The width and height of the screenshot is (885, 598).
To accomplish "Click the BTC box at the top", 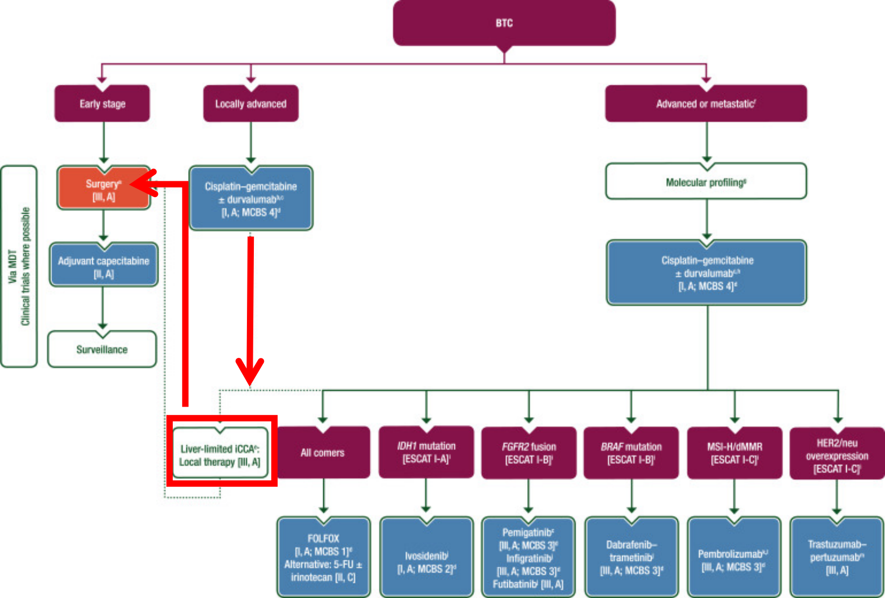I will click(x=504, y=23).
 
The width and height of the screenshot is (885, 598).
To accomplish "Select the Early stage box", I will click(x=102, y=104).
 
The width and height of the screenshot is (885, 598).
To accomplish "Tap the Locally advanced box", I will click(x=251, y=104).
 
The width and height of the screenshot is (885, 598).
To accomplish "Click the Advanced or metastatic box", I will click(x=706, y=104).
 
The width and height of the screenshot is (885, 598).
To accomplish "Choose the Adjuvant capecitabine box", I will click(x=103, y=267).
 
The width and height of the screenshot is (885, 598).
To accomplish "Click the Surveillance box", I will click(x=102, y=349).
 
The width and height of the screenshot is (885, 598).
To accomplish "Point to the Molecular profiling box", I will click(x=706, y=182).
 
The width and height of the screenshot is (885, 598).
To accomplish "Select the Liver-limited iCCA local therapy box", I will click(x=220, y=455).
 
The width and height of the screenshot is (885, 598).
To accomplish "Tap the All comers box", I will click(x=322, y=453).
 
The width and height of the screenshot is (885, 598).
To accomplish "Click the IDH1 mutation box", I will click(x=426, y=452).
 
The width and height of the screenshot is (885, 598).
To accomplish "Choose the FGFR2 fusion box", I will click(x=528, y=453).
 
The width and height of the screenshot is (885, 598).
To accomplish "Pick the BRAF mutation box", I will click(x=631, y=453).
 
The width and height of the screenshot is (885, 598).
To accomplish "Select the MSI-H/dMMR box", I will click(x=734, y=453).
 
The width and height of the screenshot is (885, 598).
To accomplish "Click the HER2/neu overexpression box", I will click(x=837, y=455).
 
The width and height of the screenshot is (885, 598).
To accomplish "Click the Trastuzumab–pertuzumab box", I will click(x=837, y=557).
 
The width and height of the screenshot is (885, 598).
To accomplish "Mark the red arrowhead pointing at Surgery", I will click(x=142, y=184).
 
